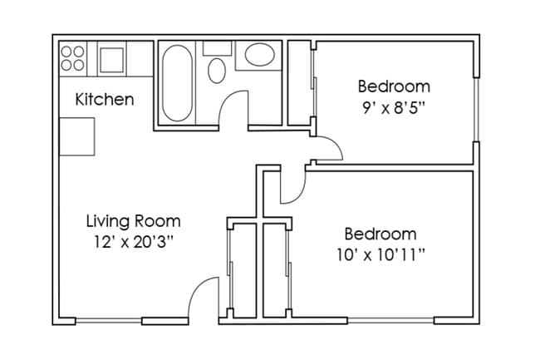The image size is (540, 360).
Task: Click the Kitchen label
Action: pyautogui.click(x=104, y=100)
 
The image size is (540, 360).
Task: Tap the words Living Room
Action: pyautogui.click(x=133, y=222)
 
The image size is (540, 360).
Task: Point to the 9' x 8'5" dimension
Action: pyautogui.click(x=394, y=106)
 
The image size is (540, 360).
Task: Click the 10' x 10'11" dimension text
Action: pyautogui.click(x=380, y=254)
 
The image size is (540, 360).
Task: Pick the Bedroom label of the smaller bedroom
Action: pyautogui.click(x=394, y=86)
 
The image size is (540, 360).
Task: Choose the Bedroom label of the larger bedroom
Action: pyautogui.click(x=380, y=234)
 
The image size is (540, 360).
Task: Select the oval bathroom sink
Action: pyautogui.click(x=260, y=57)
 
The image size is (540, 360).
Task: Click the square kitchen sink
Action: pyautogui.click(x=111, y=59)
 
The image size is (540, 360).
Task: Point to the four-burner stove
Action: pyautogui.click(x=73, y=57)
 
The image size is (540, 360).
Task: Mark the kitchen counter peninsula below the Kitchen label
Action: pyautogui.click(x=77, y=136)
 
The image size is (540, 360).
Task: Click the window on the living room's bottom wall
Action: pyautogui.click(x=109, y=322)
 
